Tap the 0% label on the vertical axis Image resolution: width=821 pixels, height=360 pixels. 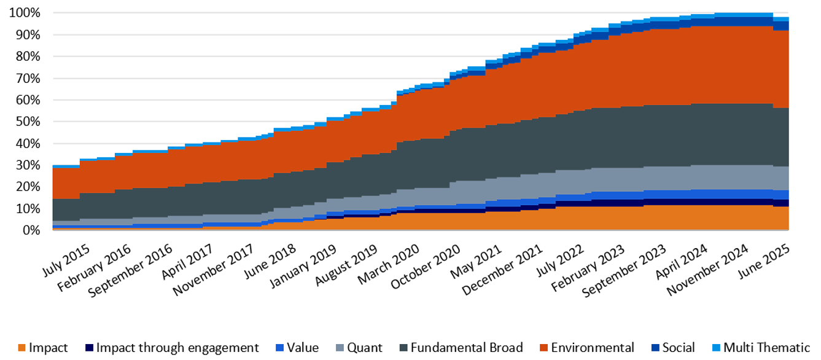coord(32,230)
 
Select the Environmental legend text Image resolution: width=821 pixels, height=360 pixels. coord(592,348)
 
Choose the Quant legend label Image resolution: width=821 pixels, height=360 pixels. coord(364,348)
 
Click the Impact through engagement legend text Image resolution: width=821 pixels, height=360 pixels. coord(177,348)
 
